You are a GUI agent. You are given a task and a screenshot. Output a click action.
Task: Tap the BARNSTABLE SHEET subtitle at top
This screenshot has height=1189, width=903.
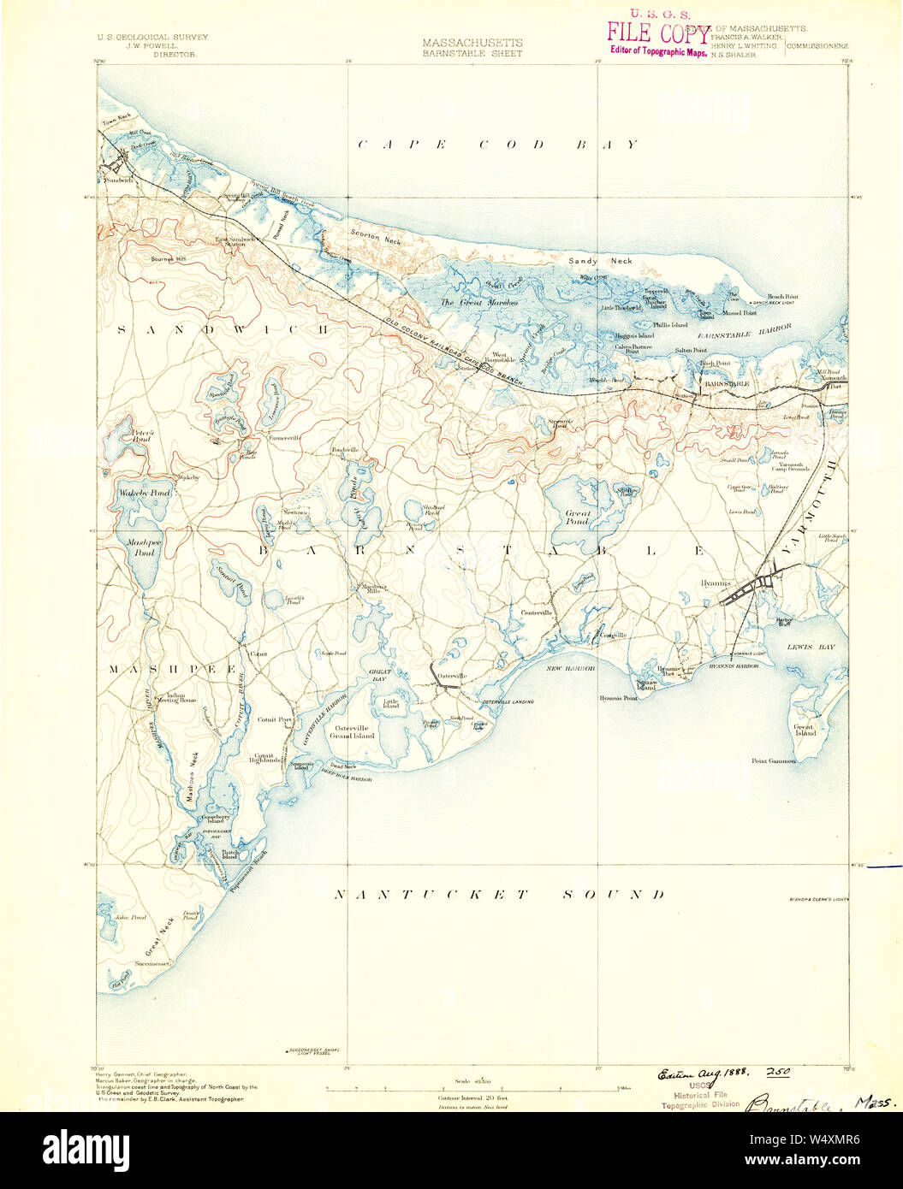[472, 52]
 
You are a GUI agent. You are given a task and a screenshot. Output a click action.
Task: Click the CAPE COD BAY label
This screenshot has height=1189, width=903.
[497, 145]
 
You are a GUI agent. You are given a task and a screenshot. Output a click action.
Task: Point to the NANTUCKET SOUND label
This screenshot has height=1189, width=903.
[499, 895]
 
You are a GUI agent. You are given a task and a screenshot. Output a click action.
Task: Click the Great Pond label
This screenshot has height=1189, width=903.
[577, 517]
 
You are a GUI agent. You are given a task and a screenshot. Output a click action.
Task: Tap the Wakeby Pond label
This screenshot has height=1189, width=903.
[145, 494]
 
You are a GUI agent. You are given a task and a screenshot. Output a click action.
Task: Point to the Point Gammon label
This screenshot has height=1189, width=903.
[774, 760]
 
